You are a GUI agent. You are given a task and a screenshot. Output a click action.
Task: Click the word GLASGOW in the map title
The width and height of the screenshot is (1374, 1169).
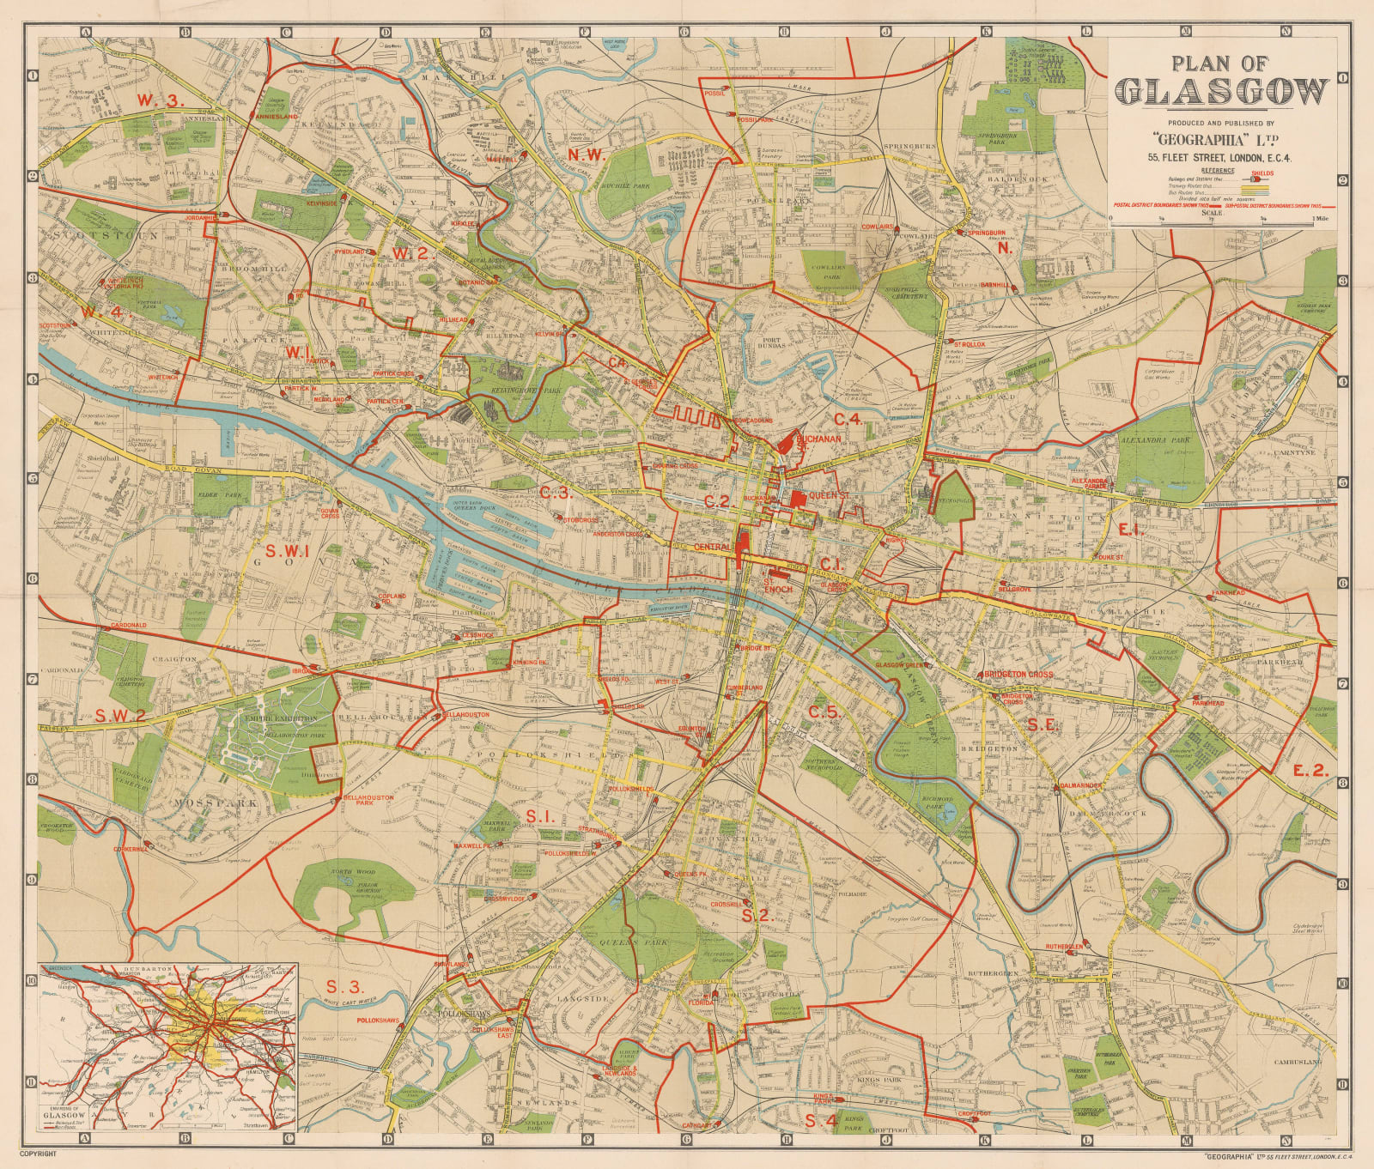click(1222, 91)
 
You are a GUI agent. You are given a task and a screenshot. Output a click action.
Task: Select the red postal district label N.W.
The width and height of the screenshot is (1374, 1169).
click(587, 155)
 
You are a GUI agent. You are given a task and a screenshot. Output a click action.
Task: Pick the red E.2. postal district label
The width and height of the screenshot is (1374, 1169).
click(1310, 771)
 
